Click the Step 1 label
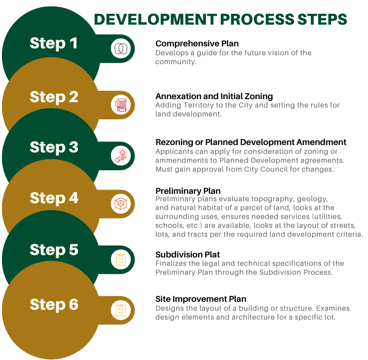pyautogui.click(x=54, y=43)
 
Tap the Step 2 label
pyautogui.click(x=54, y=97)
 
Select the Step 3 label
pyautogui.click(x=54, y=147)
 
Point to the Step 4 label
pyautogui.click(x=54, y=198)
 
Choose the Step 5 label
pyautogui.click(x=54, y=250)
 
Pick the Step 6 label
pyautogui.click(x=54, y=305)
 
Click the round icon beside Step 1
pyautogui.click(x=119, y=47)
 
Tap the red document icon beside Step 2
pyautogui.click(x=119, y=105)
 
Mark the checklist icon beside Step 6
pyautogui.click(x=119, y=310)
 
